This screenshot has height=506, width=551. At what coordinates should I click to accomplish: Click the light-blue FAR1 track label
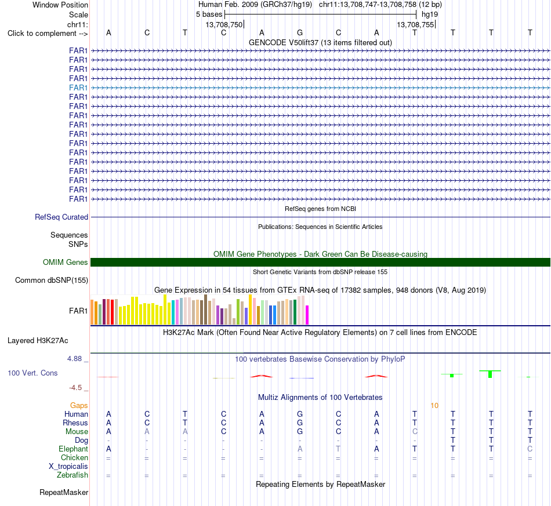pyautogui.click(x=78, y=88)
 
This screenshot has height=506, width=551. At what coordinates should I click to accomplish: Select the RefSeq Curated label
pyautogui.click(x=61, y=217)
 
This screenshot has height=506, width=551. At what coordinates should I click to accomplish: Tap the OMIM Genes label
pyautogui.click(x=66, y=263)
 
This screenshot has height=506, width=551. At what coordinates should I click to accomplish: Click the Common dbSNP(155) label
pyautogui.click(x=52, y=280)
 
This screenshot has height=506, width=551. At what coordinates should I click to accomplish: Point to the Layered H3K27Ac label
pyautogui.click(x=38, y=341)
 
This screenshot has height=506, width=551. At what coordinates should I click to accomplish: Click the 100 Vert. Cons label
pyautogui.click(x=32, y=373)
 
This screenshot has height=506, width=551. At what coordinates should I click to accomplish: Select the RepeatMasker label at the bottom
pyautogui.click(x=64, y=492)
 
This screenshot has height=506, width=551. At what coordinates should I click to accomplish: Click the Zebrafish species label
pyautogui.click(x=72, y=475)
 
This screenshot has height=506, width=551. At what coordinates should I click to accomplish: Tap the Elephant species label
pyautogui.click(x=73, y=449)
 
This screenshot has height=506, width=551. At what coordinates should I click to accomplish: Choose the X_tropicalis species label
pyautogui.click(x=68, y=467)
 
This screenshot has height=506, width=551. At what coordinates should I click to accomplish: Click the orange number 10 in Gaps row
pyautogui.click(x=434, y=406)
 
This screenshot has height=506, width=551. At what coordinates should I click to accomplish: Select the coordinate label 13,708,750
pyautogui.click(x=224, y=24)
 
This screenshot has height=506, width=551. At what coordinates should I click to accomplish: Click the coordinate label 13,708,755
pyautogui.click(x=415, y=24)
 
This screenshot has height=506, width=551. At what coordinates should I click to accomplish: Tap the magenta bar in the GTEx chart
pyautogui.click(x=307, y=315)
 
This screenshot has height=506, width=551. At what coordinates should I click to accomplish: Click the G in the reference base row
pyautogui.click(x=300, y=32)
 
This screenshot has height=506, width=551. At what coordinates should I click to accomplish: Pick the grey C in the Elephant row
pyautogui.click(x=530, y=449)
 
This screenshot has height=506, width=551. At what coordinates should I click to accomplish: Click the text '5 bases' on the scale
pyautogui.click(x=209, y=14)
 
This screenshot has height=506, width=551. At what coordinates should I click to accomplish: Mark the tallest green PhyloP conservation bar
pyautogui.click(x=490, y=374)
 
